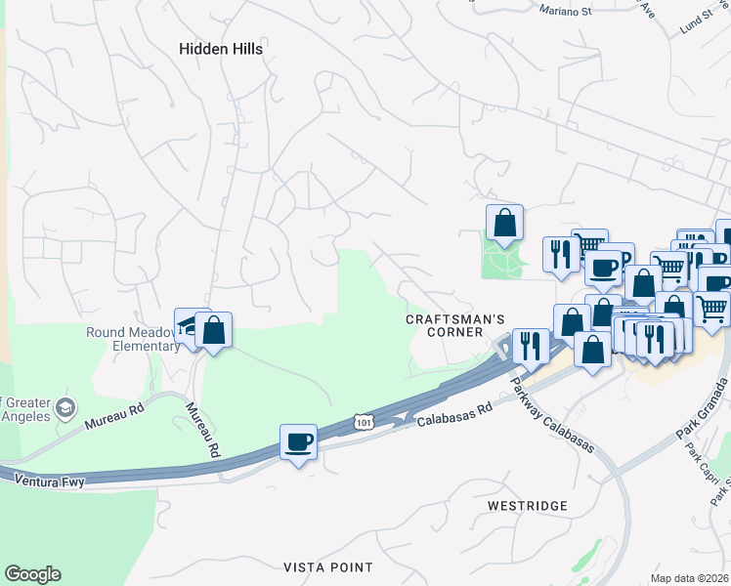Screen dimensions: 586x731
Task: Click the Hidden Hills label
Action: point(221,48)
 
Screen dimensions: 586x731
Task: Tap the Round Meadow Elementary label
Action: point(132,339)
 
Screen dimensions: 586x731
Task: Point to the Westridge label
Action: point(527,505)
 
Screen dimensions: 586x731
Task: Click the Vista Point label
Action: point(328,567)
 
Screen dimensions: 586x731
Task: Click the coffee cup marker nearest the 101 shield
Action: point(299,443)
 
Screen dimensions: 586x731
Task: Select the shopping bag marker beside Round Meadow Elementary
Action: point(213,330)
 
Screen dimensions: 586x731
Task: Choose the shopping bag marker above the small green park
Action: point(504,223)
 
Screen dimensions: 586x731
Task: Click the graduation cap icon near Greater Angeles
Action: point(65,406)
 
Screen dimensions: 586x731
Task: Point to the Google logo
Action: point(32,574)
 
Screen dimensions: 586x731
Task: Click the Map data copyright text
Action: point(689,577)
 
